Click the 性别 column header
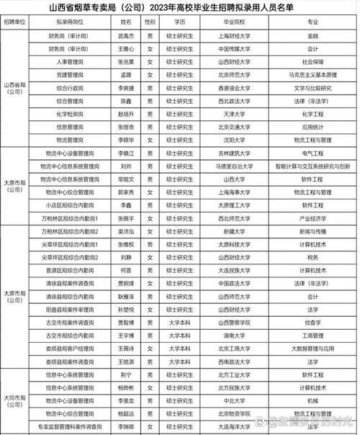point(150,22)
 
